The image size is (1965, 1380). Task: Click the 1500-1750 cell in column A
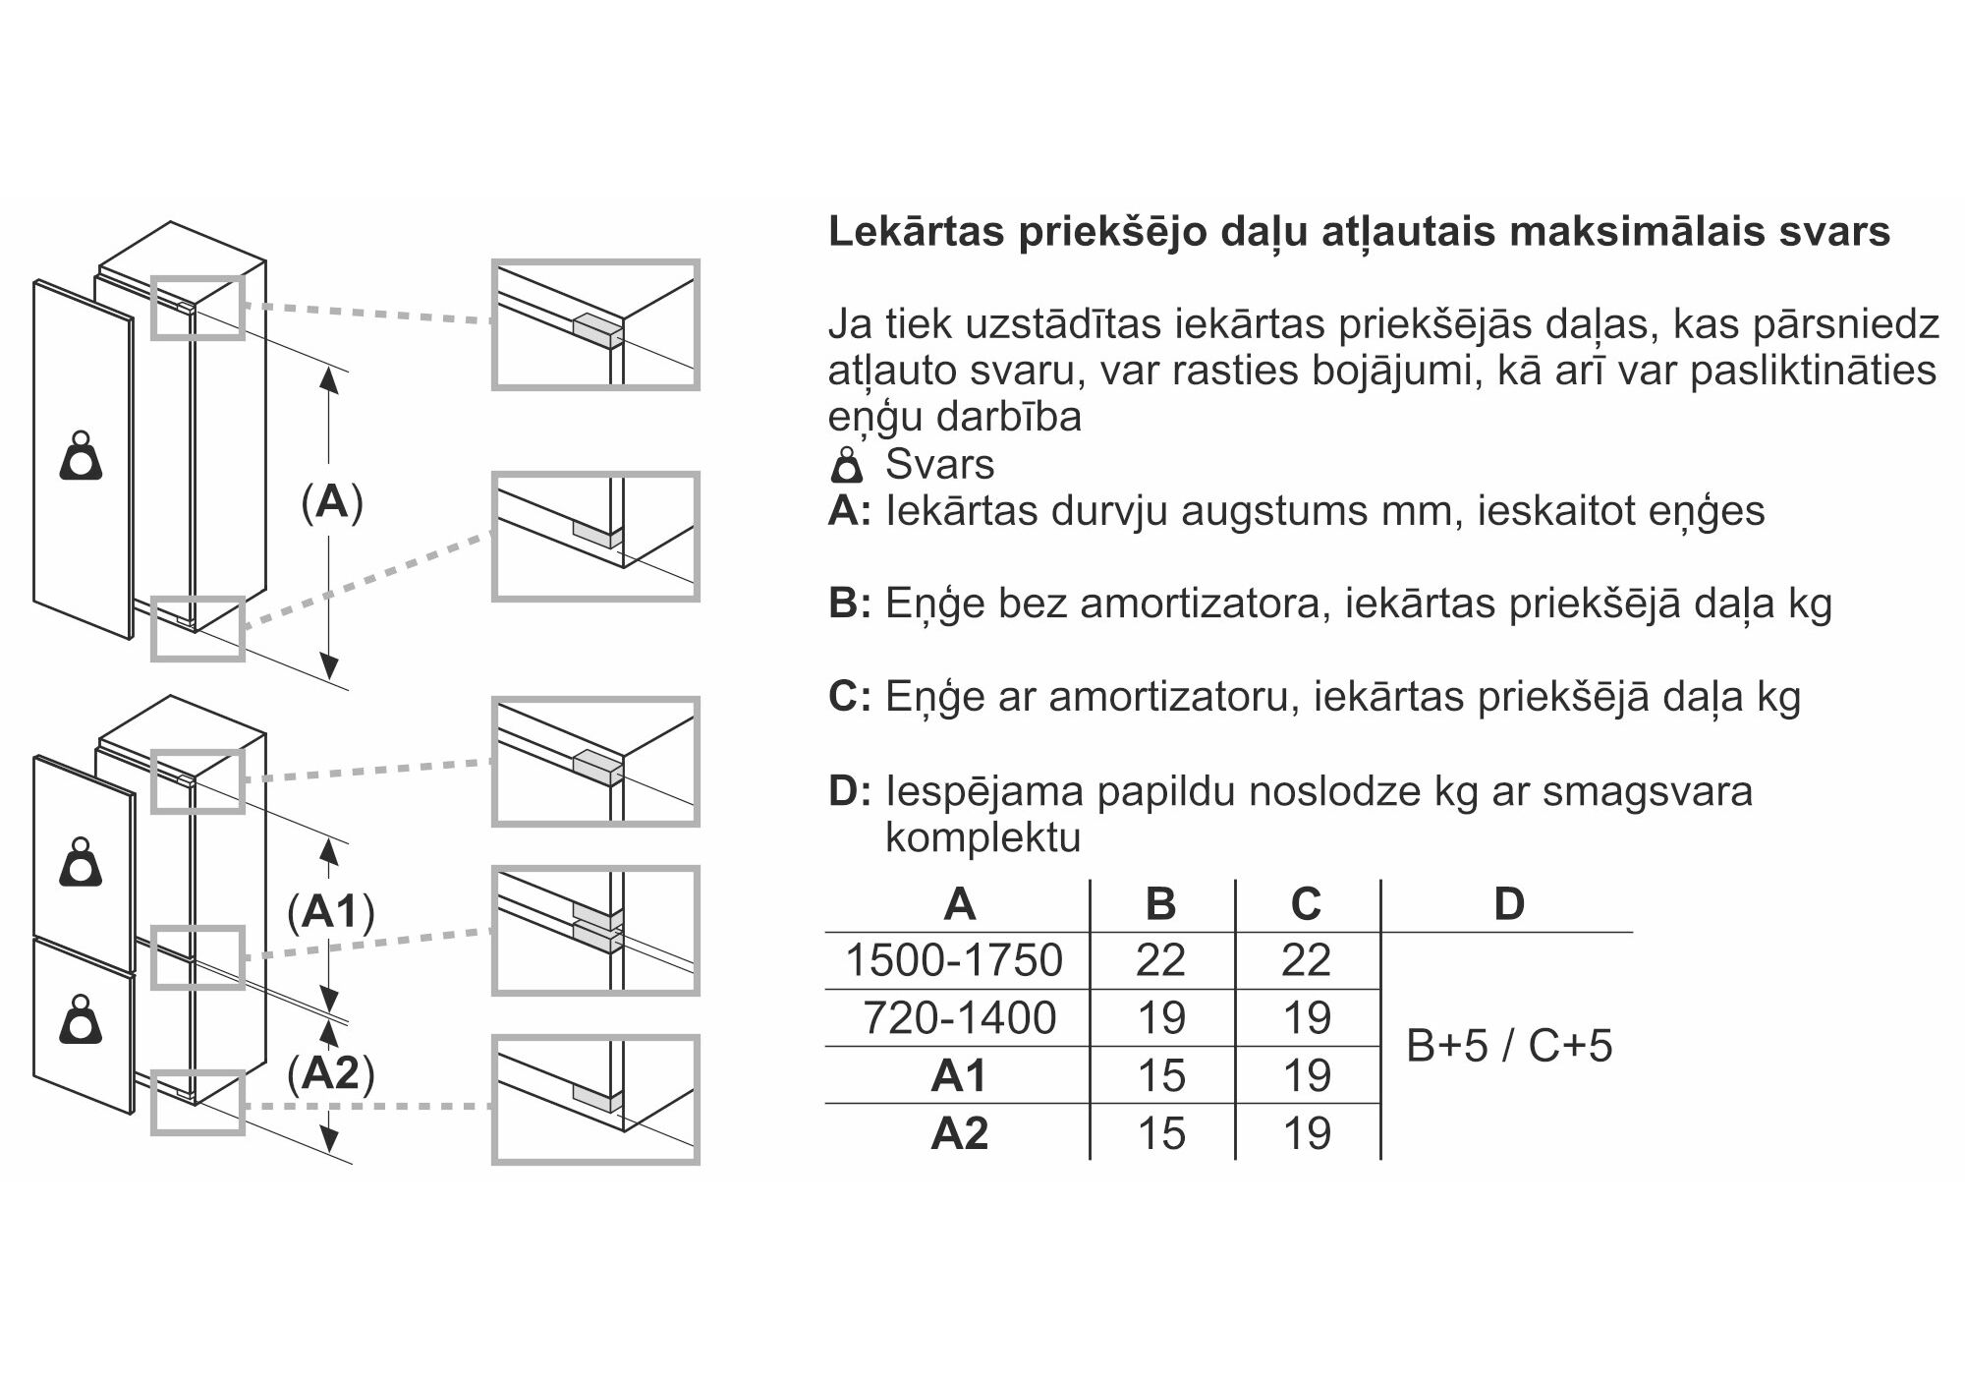(x=953, y=960)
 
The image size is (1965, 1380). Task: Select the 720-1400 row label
(x=959, y=1018)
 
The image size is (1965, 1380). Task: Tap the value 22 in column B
(x=1160, y=960)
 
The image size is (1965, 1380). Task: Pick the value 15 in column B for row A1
(x=1160, y=1075)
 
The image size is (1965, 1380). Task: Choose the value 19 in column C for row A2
(x=1307, y=1133)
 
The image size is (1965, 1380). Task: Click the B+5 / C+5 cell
(x=1508, y=1046)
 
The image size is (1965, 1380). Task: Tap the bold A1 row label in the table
(x=959, y=1075)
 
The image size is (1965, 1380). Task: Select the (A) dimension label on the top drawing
(x=332, y=502)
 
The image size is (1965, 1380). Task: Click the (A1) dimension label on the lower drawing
(x=331, y=912)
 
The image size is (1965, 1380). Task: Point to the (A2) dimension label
(x=331, y=1073)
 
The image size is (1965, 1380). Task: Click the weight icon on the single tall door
(x=82, y=456)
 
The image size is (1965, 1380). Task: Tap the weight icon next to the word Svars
(x=847, y=465)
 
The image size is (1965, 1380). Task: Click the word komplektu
(x=982, y=837)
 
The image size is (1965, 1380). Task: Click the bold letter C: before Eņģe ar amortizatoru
(x=849, y=697)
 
